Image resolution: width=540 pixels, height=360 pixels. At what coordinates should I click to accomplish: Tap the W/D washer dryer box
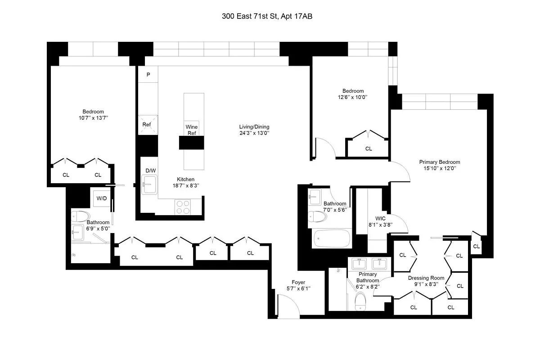pyautogui.click(x=102, y=198)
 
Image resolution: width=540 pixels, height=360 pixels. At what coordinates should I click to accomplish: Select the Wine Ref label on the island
pyautogui.click(x=192, y=130)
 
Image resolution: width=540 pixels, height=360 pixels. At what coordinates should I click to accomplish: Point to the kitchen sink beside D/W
pyautogui.click(x=149, y=185)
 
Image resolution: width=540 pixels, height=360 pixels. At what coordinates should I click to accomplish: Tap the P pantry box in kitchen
pyautogui.click(x=148, y=74)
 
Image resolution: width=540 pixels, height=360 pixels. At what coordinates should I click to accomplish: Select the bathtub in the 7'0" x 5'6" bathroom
pyautogui.click(x=332, y=238)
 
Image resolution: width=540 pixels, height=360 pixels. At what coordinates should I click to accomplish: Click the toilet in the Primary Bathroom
pyautogui.click(x=361, y=300)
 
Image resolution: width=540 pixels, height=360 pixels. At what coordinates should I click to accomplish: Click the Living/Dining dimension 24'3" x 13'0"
pyautogui.click(x=254, y=133)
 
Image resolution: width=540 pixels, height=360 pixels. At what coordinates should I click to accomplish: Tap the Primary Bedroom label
pyautogui.click(x=439, y=162)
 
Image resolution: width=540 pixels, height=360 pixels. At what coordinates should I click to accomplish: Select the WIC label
pyautogui.click(x=374, y=218)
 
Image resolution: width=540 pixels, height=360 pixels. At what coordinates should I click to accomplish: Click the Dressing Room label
pyautogui.click(x=426, y=278)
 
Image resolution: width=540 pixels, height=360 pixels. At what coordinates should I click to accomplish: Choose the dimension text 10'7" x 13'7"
pyautogui.click(x=93, y=118)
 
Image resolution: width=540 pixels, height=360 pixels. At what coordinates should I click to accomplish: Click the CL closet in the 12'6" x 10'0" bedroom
pyautogui.click(x=369, y=148)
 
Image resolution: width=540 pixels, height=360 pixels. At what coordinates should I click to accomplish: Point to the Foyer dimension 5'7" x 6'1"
pyautogui.click(x=298, y=288)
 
